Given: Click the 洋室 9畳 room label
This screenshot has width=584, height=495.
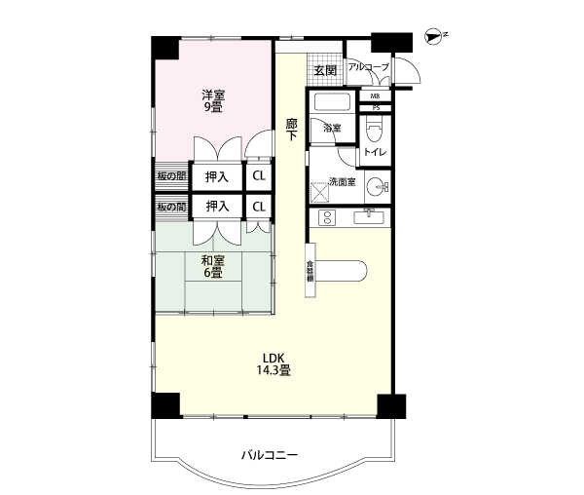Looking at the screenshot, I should tap(214, 101).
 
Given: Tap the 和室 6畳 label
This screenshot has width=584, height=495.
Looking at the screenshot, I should tap(213, 266).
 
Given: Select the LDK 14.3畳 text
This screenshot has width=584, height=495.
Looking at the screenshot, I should tap(274, 362).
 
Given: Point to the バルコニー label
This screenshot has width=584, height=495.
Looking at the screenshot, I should tap(270, 455).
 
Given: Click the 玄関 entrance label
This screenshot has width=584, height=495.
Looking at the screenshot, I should tap(325, 70).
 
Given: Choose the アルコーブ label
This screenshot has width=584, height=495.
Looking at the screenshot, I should tap(368, 66).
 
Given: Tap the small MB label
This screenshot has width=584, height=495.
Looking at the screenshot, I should tap(375, 95).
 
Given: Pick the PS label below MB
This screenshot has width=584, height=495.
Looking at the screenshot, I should tap(375, 106).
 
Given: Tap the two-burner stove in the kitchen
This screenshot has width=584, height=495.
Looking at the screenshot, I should tap(325, 217).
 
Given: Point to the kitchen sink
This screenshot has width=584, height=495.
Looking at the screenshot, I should tap(370, 217).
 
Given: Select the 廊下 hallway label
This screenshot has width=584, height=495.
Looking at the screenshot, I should tap(291, 130).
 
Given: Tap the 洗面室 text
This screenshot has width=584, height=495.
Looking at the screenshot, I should tap(343, 181).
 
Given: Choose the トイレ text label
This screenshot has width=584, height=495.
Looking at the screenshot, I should tap(374, 152).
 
